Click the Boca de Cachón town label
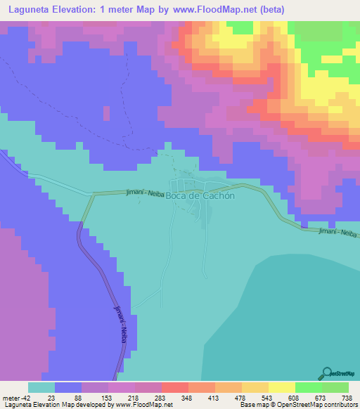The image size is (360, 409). coord(200,196)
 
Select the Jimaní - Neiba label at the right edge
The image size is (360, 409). coord(337,233)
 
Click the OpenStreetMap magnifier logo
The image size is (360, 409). coord(327,372)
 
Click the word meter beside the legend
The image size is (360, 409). coord(11,397)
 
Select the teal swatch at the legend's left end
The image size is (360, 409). coord(41,387)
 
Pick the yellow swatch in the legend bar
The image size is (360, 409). coord(281,387)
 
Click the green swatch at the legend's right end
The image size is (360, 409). coord(335,387)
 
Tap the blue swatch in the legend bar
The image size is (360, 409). coord(68,387)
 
